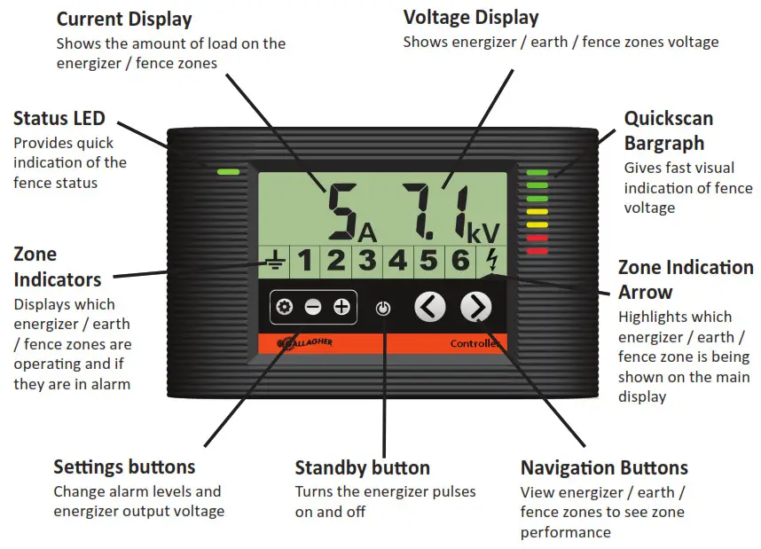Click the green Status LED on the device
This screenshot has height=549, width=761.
pos(227,169)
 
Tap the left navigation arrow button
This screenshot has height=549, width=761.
pos(430,307)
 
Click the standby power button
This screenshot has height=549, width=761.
pos(382,309)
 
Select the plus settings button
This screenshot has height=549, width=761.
pos(341,307)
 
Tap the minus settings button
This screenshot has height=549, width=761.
pos(313,307)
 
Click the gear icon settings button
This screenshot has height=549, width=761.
pos(285,307)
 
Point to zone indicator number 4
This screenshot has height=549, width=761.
pos(398,261)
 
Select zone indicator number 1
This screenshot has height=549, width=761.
pos(304,261)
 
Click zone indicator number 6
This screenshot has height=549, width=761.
pos(459,261)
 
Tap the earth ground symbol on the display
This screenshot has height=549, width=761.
pos(276,261)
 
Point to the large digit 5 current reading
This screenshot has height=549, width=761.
pos(341,212)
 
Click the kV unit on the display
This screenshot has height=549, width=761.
pos(483,232)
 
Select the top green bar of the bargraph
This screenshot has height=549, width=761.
pos(537,173)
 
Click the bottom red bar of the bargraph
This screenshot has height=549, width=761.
pos(537,251)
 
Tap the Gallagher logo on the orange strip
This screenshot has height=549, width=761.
pos(305,343)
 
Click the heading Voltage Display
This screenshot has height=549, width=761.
pos(470,18)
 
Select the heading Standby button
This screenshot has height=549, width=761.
pos(362,467)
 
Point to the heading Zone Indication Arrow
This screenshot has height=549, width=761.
pos(685,279)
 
